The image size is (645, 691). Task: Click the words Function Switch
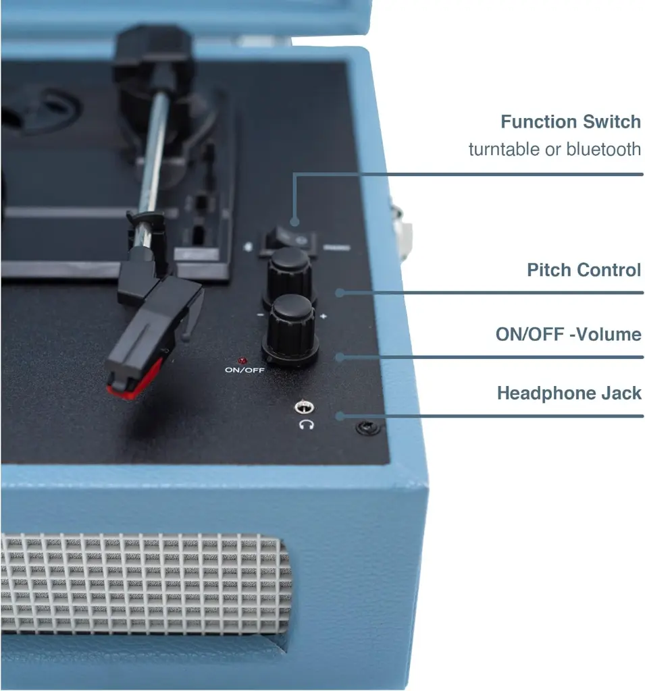[571, 121]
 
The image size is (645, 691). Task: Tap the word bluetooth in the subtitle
[603, 149]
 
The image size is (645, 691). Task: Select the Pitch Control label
[584, 270]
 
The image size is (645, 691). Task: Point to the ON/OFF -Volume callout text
[568, 334]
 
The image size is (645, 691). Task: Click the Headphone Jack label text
[569, 393]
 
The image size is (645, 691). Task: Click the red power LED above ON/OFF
[242, 361]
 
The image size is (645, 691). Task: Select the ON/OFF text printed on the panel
[244, 370]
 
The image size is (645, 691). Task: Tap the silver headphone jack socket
[303, 407]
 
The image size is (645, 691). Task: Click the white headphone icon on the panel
[306, 425]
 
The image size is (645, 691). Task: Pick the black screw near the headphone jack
[367, 427]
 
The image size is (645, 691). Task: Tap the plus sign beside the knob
[324, 316]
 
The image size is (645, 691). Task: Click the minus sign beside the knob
[260, 315]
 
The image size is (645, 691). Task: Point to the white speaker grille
[146, 583]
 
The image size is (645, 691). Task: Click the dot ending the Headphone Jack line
[340, 416]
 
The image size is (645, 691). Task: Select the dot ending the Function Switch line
[295, 222]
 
